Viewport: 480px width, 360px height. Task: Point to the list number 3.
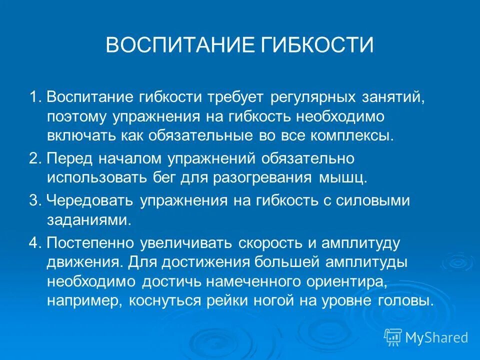[x=34, y=200]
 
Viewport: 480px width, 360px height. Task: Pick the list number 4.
[x=34, y=242]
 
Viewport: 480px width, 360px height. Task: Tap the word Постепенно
[x=90, y=242]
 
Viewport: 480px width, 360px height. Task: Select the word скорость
[x=269, y=242]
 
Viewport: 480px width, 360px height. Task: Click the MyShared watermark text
[x=436, y=337]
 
